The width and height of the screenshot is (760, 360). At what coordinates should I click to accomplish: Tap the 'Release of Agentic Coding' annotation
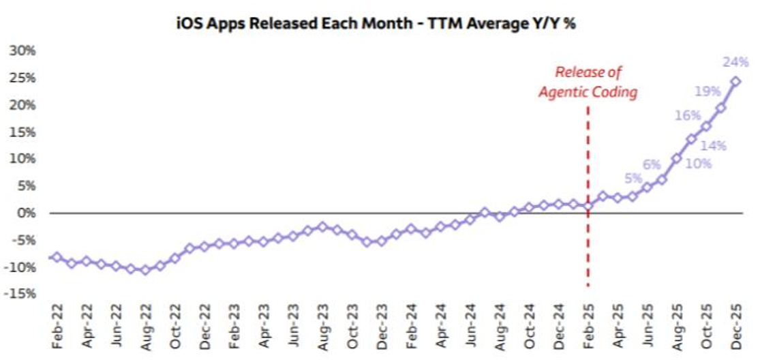tap(588, 82)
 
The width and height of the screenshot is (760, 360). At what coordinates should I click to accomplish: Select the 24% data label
tap(735, 62)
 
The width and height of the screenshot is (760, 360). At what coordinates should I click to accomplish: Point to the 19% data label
tap(708, 90)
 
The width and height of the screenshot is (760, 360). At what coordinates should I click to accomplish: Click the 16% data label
tap(687, 117)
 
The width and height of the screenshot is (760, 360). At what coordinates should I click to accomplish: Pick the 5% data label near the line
tap(633, 179)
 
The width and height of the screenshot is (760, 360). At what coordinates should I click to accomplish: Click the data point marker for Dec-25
tap(736, 81)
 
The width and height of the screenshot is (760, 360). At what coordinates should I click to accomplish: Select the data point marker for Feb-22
tap(57, 258)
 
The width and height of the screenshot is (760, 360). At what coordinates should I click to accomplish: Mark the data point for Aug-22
tap(145, 270)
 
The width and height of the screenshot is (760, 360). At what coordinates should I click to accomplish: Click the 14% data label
tap(714, 145)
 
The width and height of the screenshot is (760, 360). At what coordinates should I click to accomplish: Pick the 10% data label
tap(699, 164)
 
